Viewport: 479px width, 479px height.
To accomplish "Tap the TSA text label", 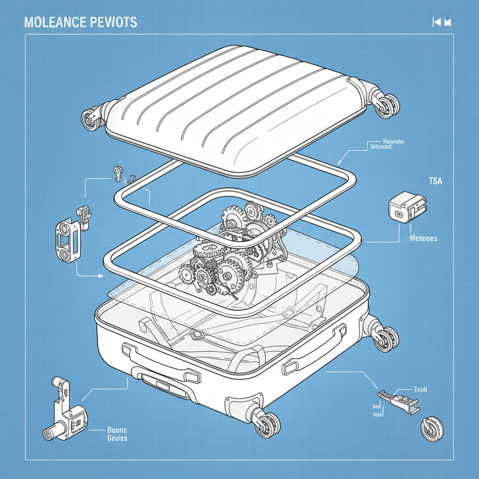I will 435,181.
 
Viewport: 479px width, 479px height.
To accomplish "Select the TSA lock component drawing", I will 407,207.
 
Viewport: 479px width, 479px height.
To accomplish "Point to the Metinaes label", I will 423,239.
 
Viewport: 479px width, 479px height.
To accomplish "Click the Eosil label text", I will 421,389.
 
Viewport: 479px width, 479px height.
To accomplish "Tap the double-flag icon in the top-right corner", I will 442,22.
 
